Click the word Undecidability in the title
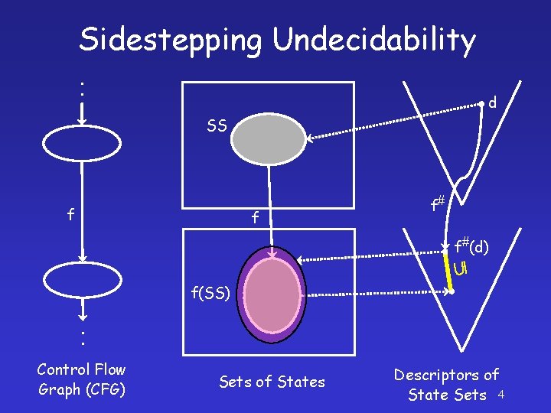coord(374,40)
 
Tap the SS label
coord(217,126)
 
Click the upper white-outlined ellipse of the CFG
coord(82,143)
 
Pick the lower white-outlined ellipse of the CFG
coord(82,279)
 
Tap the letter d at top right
coord(494,102)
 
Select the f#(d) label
coord(471,246)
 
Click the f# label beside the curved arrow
coord(437,204)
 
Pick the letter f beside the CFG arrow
coord(70,215)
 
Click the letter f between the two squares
coord(255,219)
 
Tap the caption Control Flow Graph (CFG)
coord(81,379)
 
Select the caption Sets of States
coord(272,381)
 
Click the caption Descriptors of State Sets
coord(447,385)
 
